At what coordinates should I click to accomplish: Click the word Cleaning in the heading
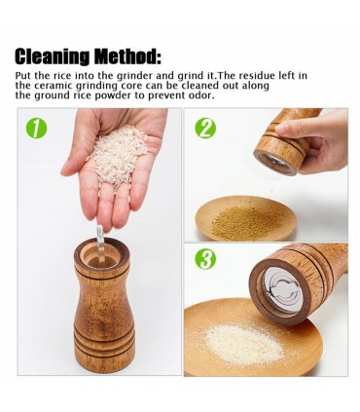pos(52,57)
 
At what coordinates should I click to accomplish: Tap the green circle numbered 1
pos(36,129)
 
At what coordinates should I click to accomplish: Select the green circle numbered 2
pos(205,129)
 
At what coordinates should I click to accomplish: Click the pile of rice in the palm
pos(119,153)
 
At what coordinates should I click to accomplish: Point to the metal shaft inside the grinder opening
pos(100,245)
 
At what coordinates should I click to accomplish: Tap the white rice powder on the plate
pos(242,344)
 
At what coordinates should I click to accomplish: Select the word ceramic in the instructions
pos(54,86)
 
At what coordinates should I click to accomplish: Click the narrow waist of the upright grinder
pos(103,292)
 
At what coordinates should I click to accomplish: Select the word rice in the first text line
pos(61,76)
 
